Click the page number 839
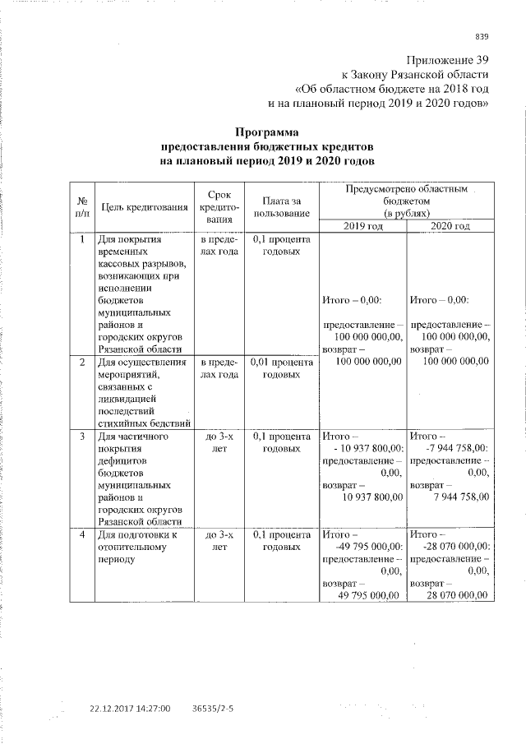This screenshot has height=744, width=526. tap(482, 35)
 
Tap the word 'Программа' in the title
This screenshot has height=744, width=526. tap(268, 132)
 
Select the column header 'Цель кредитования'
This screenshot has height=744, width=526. tap(144, 207)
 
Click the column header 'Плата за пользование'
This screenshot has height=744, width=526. tap(282, 207)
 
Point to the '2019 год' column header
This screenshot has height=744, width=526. tap(362, 226)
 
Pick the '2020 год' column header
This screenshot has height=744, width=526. tap(450, 226)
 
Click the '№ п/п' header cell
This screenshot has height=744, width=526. tap(82, 207)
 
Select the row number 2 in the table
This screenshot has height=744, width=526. tap(82, 362)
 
